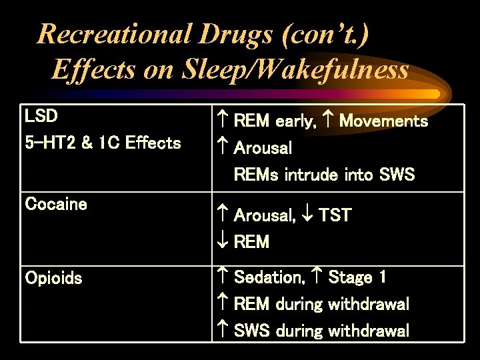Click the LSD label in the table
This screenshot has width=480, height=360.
(x=41, y=116)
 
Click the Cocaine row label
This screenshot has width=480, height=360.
(x=56, y=204)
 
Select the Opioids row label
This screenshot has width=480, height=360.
(x=53, y=278)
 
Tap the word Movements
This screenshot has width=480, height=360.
(x=383, y=121)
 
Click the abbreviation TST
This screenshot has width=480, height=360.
(x=335, y=215)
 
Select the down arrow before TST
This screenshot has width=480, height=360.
(x=309, y=215)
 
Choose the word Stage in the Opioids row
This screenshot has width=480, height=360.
(x=351, y=277)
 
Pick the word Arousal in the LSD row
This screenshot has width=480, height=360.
(x=263, y=147)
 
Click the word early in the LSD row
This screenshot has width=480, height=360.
(x=296, y=121)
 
